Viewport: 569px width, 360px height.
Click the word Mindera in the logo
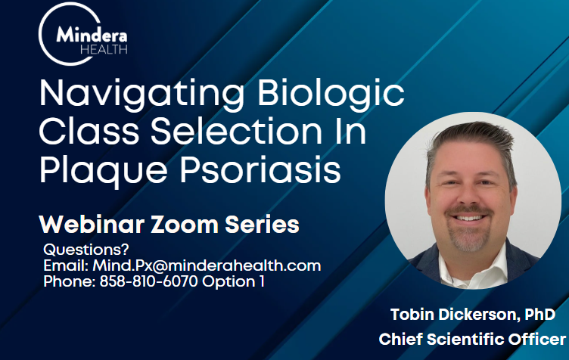point(92,35)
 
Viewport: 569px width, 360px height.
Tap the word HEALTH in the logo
point(104,50)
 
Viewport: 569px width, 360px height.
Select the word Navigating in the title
point(141,94)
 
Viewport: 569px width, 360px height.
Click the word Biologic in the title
point(331,93)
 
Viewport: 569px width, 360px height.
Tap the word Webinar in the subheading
point(92,225)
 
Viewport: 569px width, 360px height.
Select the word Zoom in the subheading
point(185,225)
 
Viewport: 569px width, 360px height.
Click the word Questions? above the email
point(86,250)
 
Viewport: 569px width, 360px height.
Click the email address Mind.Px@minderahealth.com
point(207,265)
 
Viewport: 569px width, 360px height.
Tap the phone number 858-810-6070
point(149,281)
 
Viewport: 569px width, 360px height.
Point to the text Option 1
point(233,281)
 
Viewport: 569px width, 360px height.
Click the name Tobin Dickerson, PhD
point(473,315)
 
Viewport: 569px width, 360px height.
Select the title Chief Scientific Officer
point(472,340)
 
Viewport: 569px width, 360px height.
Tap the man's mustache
point(468,210)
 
